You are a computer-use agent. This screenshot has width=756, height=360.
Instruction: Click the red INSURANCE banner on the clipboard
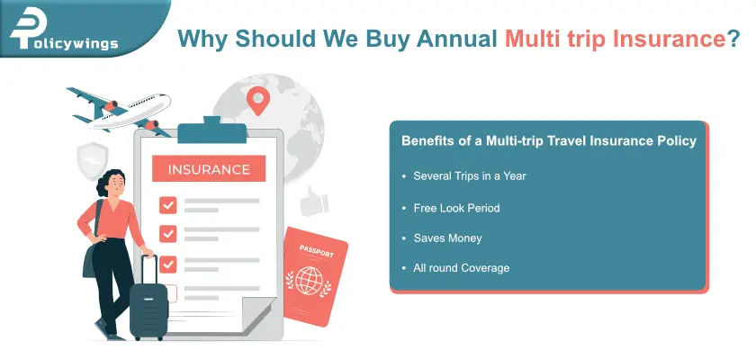pos(208,168)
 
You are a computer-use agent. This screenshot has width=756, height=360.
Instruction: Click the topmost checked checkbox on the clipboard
pos(167,204)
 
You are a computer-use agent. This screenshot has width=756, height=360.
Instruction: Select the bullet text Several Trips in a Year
pos(470,175)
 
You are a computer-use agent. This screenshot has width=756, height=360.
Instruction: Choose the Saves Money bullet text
pos(447,238)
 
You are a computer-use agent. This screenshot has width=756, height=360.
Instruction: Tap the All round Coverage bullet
pos(461,268)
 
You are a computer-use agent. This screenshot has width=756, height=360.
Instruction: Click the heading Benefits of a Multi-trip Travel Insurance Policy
pos(548,141)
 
